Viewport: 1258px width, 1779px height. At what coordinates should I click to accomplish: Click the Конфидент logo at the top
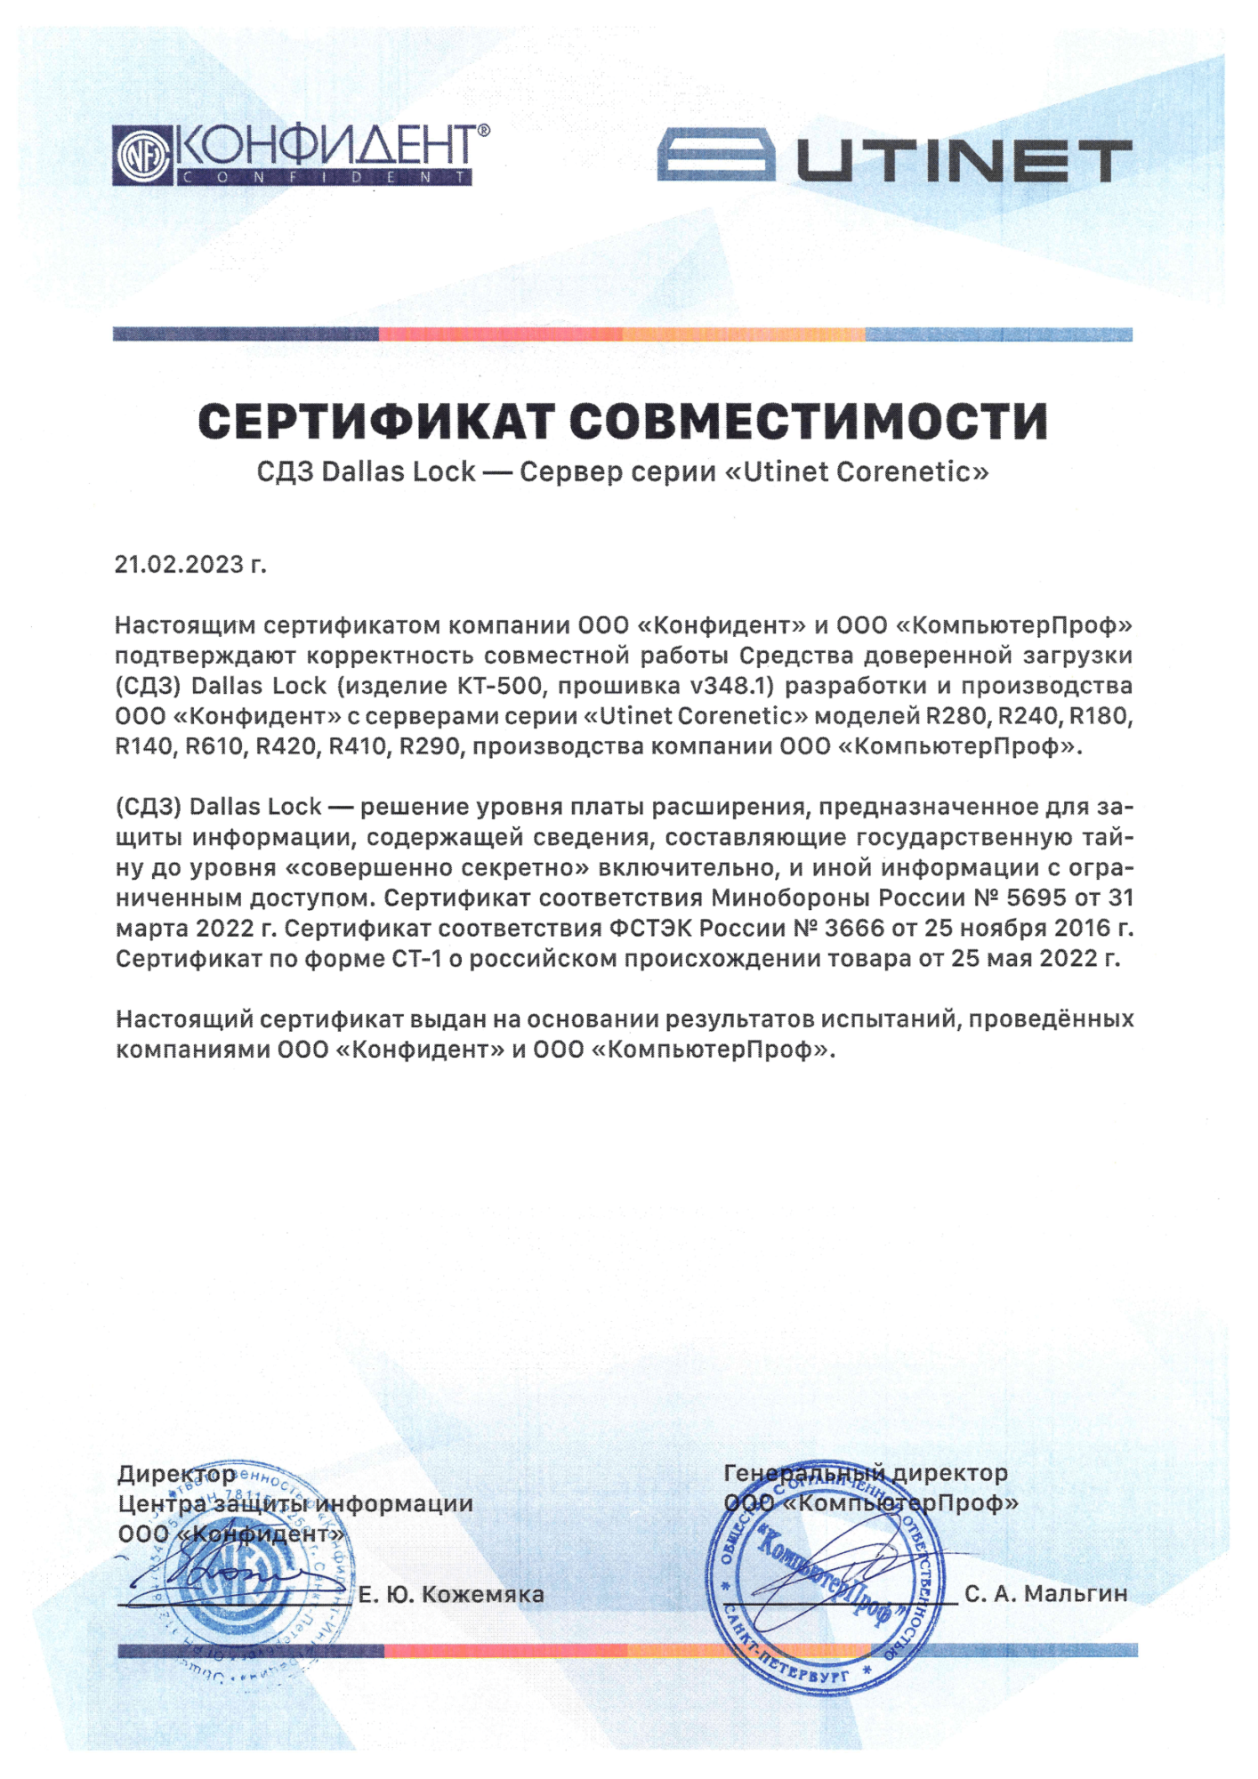(300, 156)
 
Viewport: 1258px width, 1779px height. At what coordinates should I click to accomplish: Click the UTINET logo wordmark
(894, 161)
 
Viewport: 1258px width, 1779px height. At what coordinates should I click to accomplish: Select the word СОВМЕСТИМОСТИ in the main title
(808, 422)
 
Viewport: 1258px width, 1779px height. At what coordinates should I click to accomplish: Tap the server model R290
(431, 746)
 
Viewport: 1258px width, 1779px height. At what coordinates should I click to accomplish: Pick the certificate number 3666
(854, 928)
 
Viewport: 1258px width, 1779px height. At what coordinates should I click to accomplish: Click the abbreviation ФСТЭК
(650, 928)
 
